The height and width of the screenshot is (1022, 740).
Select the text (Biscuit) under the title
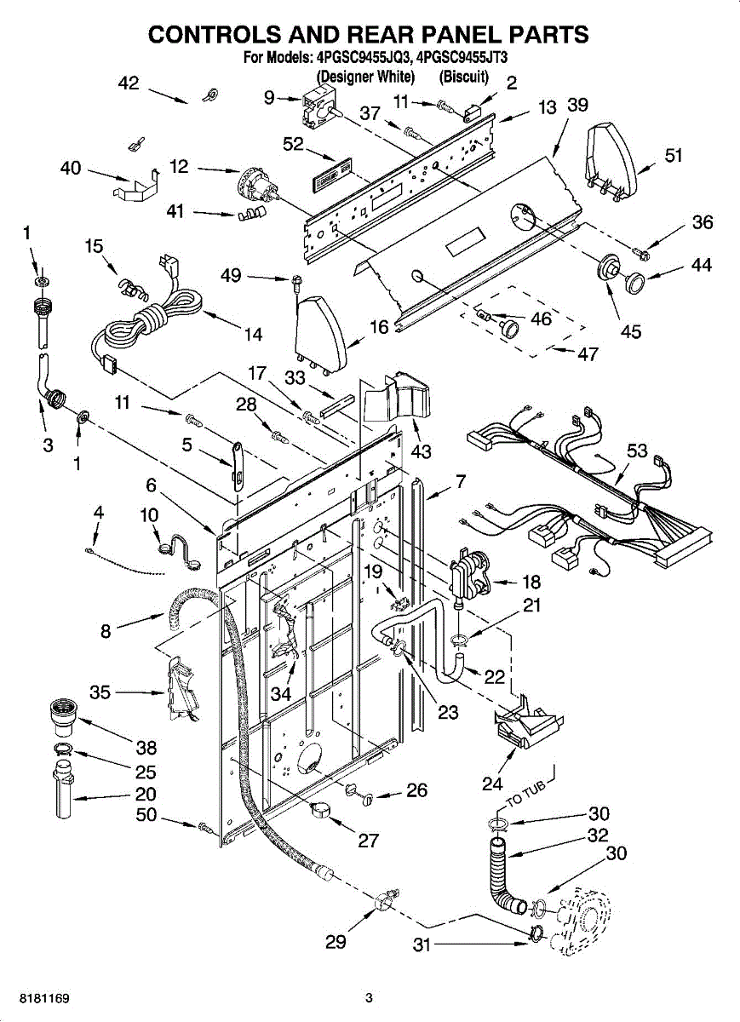(x=464, y=77)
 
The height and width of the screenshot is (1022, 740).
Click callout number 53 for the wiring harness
(x=638, y=451)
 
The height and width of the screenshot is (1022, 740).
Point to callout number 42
(x=128, y=83)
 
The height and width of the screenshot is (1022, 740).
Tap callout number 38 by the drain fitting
(x=146, y=748)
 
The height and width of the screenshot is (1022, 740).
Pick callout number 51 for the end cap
(x=674, y=155)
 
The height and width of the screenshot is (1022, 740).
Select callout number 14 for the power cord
(x=253, y=335)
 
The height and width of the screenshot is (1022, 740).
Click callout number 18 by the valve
(x=531, y=583)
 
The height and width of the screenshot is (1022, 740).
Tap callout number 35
(x=100, y=693)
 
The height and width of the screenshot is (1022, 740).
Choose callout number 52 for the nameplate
(x=294, y=146)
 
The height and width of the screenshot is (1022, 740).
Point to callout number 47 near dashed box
(x=588, y=354)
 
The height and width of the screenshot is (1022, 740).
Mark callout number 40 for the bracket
(x=71, y=169)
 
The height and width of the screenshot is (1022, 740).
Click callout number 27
(x=368, y=841)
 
